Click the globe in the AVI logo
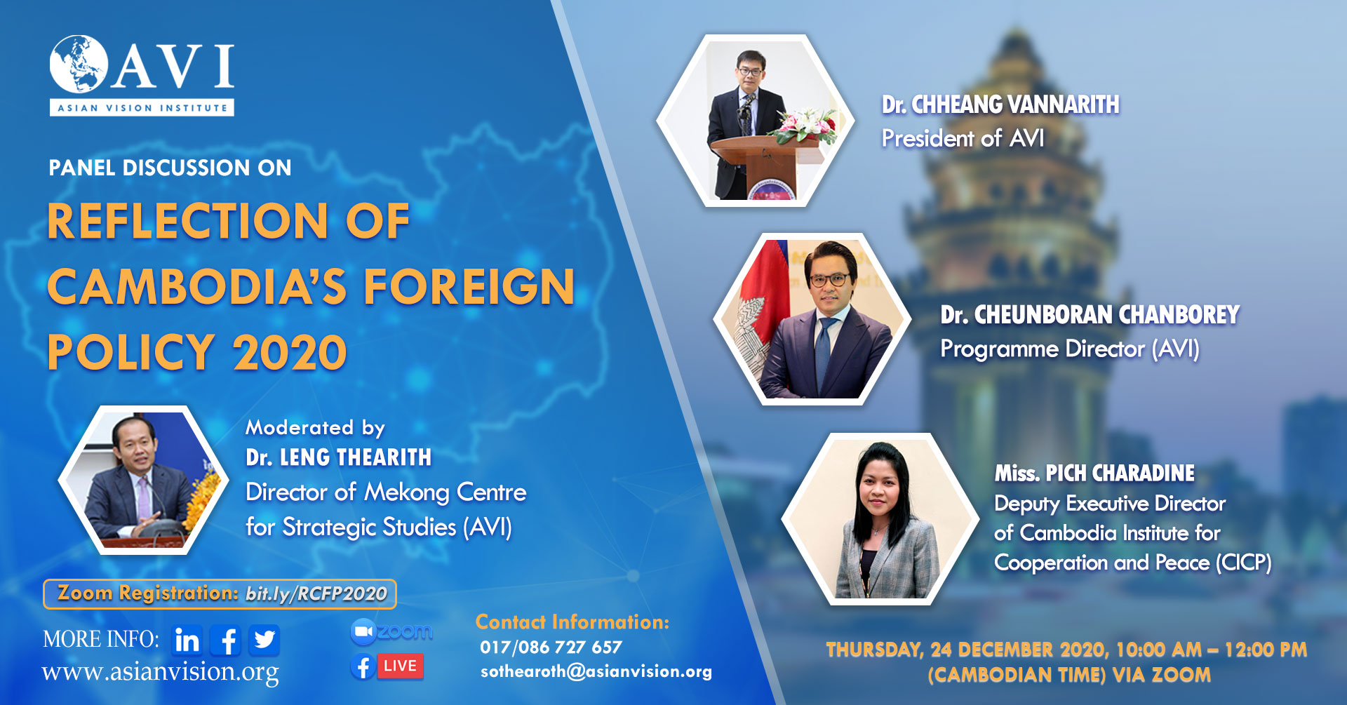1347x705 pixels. (78, 64)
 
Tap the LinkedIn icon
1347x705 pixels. (187, 640)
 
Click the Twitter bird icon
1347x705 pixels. (264, 640)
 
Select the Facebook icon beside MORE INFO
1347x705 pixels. (226, 640)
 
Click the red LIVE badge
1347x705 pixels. (400, 666)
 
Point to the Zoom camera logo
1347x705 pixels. (363, 632)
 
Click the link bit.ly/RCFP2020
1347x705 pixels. (316, 594)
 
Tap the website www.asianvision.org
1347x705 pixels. (160, 672)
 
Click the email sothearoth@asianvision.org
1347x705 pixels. (596, 672)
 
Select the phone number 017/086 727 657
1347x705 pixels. (551, 647)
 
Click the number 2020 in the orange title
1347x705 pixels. (290, 352)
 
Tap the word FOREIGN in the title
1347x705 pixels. (469, 287)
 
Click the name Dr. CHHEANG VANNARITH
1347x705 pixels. (1000, 105)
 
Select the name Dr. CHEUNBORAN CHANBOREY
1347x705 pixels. (1090, 315)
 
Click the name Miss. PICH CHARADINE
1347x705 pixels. (1094, 474)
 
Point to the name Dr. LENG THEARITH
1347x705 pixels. (338, 457)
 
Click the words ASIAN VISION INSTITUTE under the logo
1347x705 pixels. (142, 108)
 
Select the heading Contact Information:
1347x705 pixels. (572, 622)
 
